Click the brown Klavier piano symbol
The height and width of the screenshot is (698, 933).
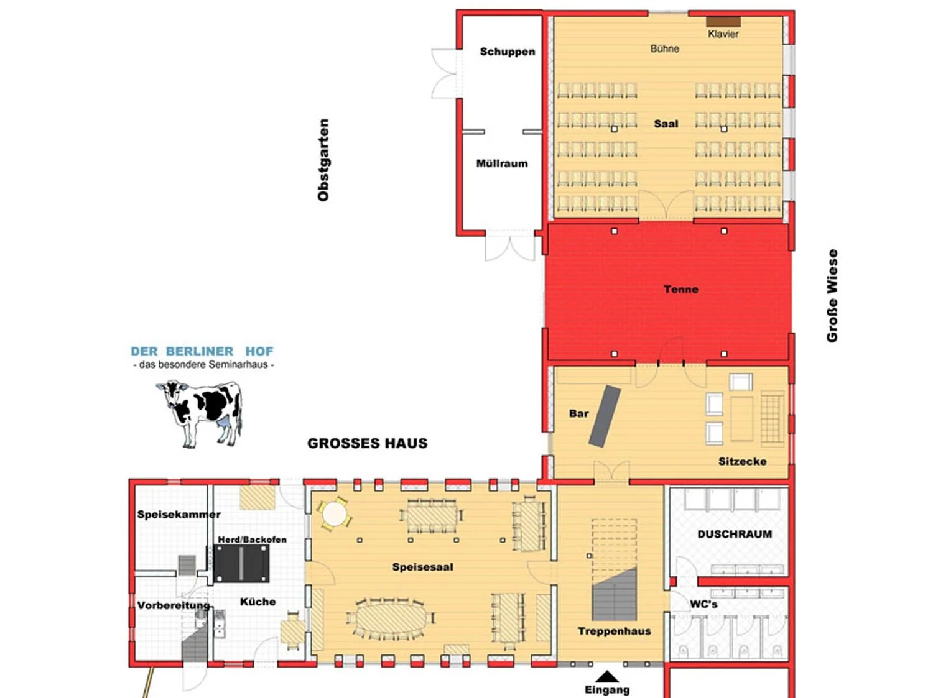point(723,22)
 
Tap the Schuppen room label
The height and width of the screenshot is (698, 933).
point(507,52)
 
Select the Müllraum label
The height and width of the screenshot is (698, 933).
point(502,163)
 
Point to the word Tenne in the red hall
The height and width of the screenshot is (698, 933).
point(680,289)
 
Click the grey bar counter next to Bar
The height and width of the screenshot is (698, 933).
point(605,416)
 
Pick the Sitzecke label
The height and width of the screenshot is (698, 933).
point(742,461)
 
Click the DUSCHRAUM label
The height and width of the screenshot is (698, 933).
point(734,534)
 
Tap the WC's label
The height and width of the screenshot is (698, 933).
point(703,604)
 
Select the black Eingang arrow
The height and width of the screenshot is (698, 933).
point(607,676)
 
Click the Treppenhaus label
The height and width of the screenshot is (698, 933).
point(614,631)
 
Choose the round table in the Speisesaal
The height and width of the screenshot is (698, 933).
point(334,515)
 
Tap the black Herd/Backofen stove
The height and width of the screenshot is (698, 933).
point(242,564)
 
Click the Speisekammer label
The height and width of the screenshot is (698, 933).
point(179,515)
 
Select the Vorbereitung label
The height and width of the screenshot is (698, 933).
point(174,605)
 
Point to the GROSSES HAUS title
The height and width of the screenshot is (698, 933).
point(367,443)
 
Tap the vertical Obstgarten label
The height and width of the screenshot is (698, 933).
point(323,160)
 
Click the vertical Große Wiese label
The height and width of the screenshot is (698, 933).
point(832,296)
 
